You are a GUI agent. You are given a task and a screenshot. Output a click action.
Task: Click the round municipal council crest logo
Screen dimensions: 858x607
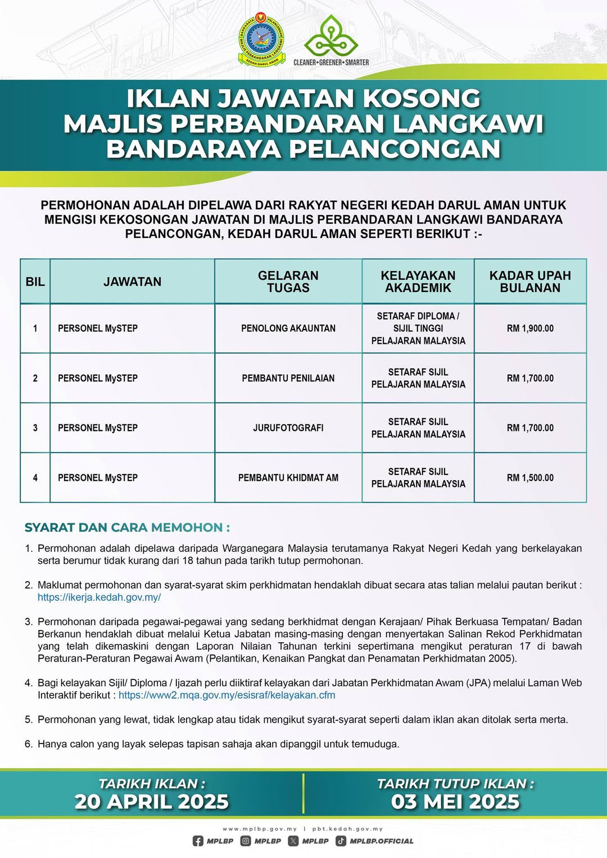[x=261, y=40]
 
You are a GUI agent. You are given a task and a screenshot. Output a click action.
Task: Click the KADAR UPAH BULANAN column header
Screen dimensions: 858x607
[x=530, y=281]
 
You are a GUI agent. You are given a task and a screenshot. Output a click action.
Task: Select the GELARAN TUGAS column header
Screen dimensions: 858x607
[x=288, y=281]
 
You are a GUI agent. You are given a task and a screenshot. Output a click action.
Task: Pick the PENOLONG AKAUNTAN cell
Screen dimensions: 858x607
[x=288, y=328]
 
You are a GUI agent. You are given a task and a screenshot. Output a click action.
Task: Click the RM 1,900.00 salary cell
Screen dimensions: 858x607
[x=530, y=328]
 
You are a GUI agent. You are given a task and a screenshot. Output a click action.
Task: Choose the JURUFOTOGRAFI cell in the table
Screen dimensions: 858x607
[x=288, y=428]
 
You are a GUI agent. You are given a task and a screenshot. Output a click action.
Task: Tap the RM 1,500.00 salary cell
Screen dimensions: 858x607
[x=530, y=478]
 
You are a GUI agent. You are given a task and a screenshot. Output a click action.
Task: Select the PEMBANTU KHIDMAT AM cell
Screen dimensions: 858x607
[x=288, y=478]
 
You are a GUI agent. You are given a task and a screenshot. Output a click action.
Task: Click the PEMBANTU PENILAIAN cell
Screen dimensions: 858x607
[x=288, y=378]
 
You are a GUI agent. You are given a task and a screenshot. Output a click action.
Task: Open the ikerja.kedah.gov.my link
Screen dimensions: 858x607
[x=99, y=597]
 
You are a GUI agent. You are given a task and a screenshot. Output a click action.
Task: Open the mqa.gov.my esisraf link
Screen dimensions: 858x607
[x=227, y=695]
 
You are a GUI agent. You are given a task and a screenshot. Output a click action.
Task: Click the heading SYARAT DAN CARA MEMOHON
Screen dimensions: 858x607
[x=127, y=527]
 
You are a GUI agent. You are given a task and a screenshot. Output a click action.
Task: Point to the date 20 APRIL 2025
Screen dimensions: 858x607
[x=152, y=801]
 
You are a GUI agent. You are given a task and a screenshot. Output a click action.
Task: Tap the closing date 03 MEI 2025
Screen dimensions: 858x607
[x=455, y=801]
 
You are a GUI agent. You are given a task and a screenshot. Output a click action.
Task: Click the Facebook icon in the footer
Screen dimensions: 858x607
[x=198, y=841]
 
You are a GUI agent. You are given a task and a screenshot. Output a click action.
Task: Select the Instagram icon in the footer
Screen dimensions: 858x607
[x=246, y=841]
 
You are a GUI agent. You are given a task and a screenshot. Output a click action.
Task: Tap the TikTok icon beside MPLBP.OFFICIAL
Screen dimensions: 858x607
[x=341, y=841]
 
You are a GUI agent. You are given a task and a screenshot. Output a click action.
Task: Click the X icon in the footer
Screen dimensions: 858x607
[x=293, y=841]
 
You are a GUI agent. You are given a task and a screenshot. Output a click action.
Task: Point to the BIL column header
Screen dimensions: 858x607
[x=35, y=281]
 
